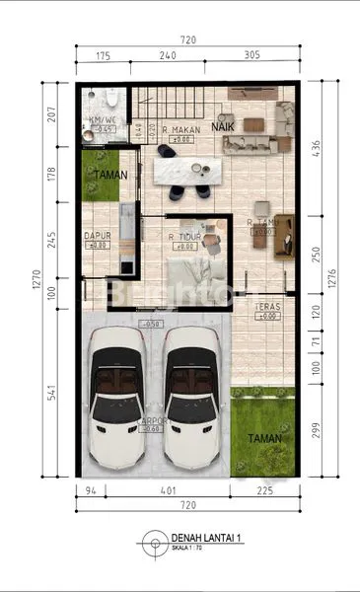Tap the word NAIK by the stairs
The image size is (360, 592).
[x=223, y=127]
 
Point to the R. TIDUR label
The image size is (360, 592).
[x=185, y=237]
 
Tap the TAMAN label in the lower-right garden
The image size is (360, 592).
[x=265, y=438]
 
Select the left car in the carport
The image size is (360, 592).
[x=119, y=397]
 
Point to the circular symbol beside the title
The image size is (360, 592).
[x=153, y=542]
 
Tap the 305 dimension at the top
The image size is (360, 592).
[x=251, y=55]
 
